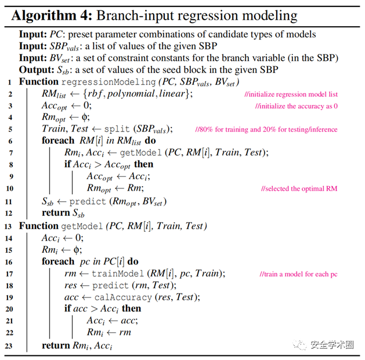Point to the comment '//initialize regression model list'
(x=291, y=94)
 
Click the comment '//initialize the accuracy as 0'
(x=297, y=107)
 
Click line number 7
(x=10, y=152)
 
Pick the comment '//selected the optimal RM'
(x=299, y=189)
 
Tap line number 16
(x=10, y=261)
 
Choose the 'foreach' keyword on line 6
(x=57, y=141)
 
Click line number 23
(x=10, y=346)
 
